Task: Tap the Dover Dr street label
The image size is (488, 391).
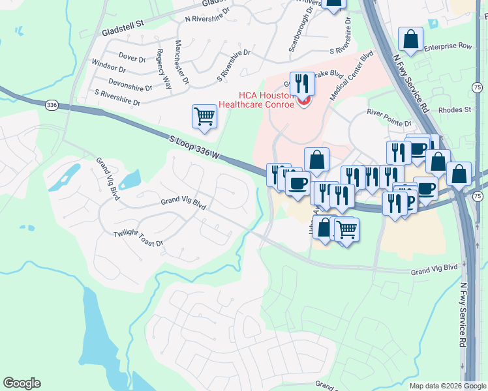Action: coord(132,58)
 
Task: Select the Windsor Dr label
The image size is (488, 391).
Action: coord(108,66)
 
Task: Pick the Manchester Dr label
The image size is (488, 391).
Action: coord(181,63)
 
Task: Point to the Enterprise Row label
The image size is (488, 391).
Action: coord(447,47)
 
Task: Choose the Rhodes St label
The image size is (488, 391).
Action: coord(455,110)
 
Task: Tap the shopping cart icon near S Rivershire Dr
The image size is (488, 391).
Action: coord(204,117)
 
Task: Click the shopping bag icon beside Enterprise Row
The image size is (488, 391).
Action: coord(411,39)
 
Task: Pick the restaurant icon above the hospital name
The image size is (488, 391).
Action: coord(302,83)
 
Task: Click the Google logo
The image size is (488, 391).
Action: coord(22,383)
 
